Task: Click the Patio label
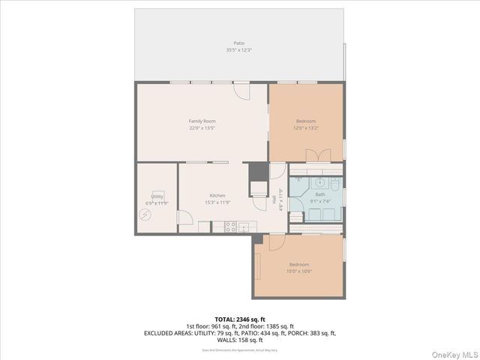pyautogui.click(x=238, y=43)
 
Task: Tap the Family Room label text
pyautogui.click(x=202, y=121)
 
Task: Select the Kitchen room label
pyautogui.click(x=217, y=196)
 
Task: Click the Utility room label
pyautogui.click(x=157, y=196)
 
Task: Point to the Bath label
pyautogui.click(x=320, y=194)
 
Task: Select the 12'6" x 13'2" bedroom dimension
pyautogui.click(x=305, y=127)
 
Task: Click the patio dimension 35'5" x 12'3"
pyautogui.click(x=238, y=50)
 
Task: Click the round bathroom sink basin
pyautogui.click(x=319, y=181)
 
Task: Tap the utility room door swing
pyautogui.click(x=184, y=215)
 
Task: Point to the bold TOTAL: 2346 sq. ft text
pyautogui.click(x=240, y=319)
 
